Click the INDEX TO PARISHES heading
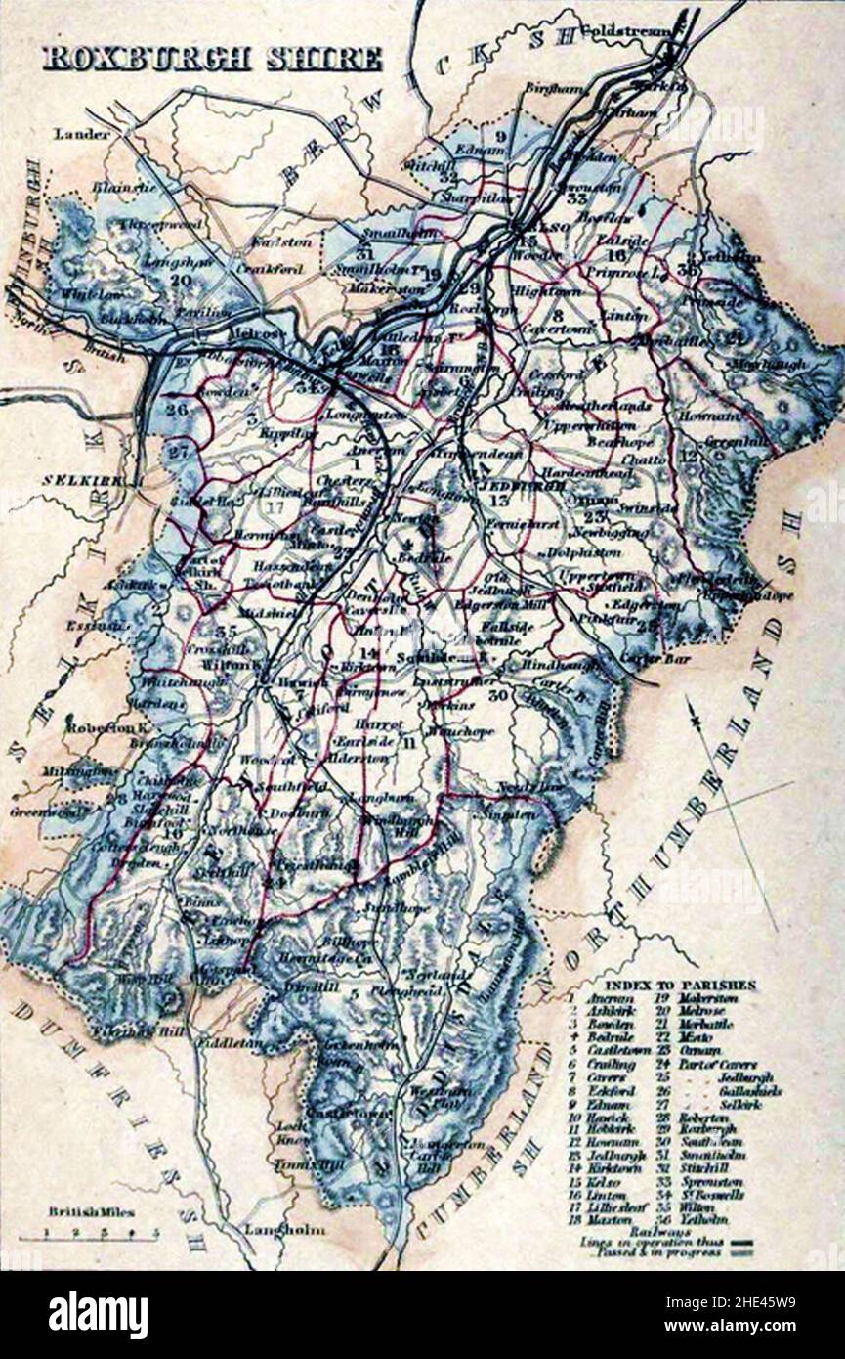(680, 985)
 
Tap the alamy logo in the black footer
(99, 1315)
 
